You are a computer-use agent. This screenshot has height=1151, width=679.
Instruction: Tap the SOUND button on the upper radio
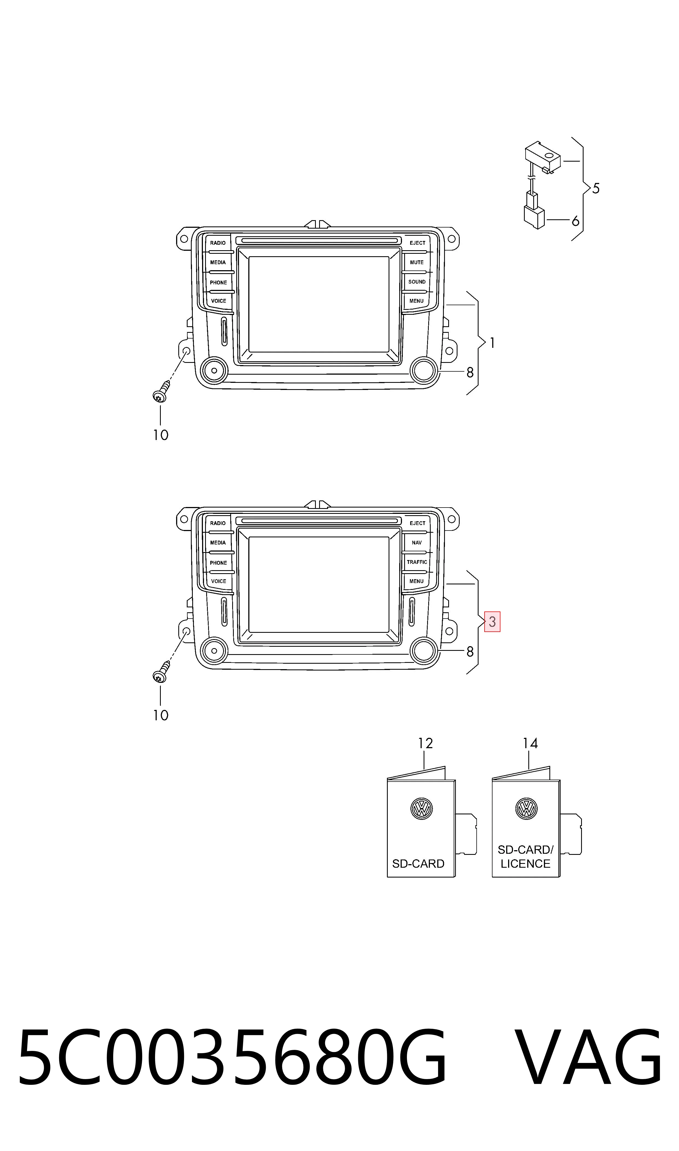tap(417, 282)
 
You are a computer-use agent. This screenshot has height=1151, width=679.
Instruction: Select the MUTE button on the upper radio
tap(417, 263)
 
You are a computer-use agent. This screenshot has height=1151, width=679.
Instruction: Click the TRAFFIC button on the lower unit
tap(417, 562)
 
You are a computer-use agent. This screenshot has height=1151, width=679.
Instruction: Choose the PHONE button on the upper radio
tap(219, 282)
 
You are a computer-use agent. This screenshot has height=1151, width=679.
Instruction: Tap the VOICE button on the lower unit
tap(219, 581)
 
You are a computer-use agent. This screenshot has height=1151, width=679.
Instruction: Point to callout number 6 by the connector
tap(575, 221)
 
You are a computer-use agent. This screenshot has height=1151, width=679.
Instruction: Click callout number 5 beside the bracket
tap(596, 188)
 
